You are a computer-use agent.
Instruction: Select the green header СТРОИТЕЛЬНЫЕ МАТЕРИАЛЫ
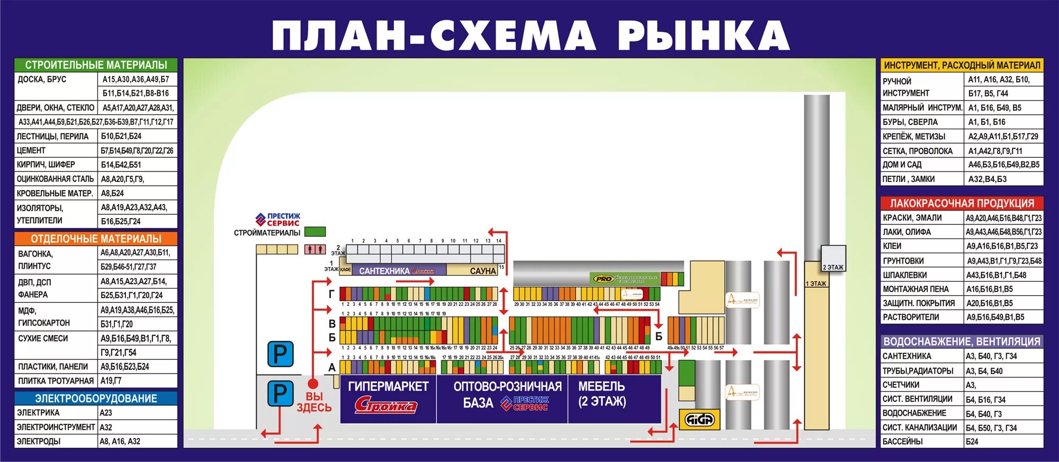[96, 65]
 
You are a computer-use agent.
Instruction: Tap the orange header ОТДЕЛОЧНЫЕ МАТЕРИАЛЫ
[96, 239]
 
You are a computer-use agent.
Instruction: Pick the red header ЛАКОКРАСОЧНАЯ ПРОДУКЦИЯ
[962, 203]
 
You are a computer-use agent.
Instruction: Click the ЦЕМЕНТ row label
[31, 150]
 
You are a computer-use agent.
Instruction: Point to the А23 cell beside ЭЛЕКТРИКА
[106, 413]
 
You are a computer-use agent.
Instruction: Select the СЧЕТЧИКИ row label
[901, 385]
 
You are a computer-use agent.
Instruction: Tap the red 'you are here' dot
[313, 383]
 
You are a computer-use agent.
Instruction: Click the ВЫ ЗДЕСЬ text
[314, 402]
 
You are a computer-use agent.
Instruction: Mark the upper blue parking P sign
[280, 354]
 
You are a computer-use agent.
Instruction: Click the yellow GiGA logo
[699, 420]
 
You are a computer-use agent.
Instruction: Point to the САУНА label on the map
[482, 271]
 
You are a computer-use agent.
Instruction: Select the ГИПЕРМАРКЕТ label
[388, 387]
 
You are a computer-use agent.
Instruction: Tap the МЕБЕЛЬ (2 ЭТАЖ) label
[602, 394]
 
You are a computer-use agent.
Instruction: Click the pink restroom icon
[315, 249]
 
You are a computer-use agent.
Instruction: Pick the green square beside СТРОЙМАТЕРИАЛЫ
[315, 232]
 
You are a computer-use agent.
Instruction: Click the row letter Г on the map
[331, 294]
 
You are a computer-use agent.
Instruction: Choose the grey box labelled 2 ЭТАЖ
[833, 258]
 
